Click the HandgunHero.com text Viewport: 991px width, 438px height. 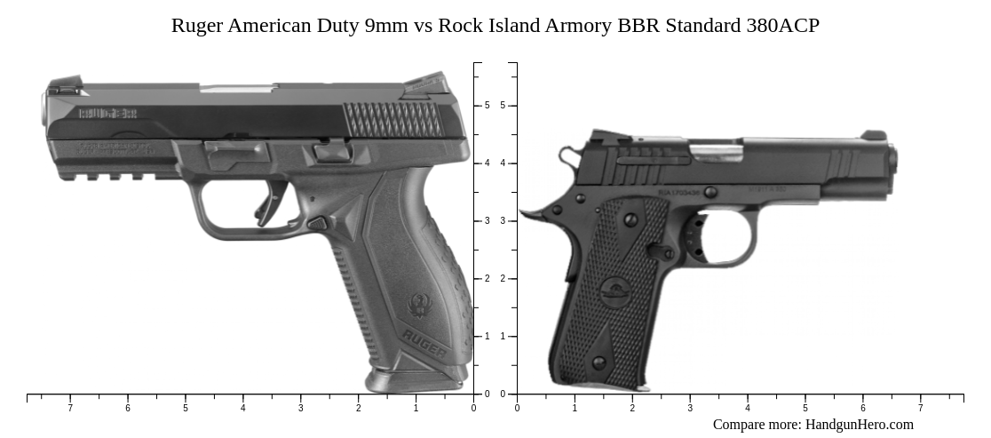[859, 425]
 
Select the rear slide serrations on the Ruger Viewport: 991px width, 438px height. [392, 117]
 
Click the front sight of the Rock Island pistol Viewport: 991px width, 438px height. [873, 135]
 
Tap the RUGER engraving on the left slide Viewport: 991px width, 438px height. [107, 113]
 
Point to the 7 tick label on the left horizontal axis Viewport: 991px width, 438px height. [70, 409]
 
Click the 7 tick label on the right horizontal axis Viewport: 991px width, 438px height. [920, 409]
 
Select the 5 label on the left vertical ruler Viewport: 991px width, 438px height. [487, 106]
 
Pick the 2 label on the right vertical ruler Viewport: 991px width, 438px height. [503, 279]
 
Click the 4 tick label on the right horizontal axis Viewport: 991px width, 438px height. [747, 409]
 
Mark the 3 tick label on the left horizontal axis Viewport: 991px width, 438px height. [300, 409]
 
